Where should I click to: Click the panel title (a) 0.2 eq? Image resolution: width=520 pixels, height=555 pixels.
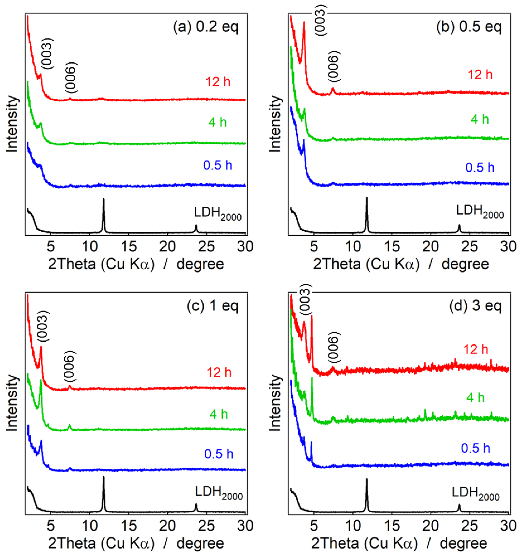(206, 27)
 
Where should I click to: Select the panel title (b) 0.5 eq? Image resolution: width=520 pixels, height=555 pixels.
(469, 27)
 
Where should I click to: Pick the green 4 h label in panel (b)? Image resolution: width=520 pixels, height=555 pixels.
(480, 119)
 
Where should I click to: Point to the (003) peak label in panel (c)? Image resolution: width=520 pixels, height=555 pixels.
(43, 326)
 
